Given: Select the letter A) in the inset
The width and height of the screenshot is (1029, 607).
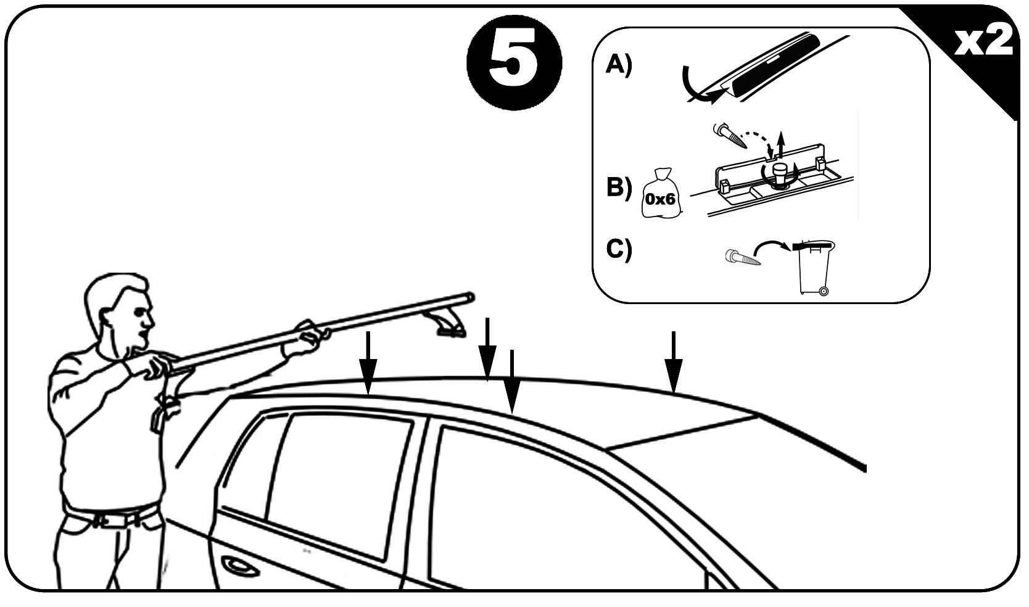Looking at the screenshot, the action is tap(619, 64).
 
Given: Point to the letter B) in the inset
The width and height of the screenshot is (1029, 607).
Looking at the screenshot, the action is tap(619, 188).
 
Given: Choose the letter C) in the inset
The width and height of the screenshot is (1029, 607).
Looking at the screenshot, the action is tap(619, 249).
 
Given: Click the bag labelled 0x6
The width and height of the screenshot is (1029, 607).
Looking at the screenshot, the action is tap(661, 193).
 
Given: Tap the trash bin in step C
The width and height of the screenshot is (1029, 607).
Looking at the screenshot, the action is tap(814, 268).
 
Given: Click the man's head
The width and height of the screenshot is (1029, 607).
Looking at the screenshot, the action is tap(120, 316).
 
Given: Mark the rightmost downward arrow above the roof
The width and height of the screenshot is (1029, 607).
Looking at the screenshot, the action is tap(673, 362).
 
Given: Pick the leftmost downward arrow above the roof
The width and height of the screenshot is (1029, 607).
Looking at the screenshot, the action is tap(368, 363).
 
